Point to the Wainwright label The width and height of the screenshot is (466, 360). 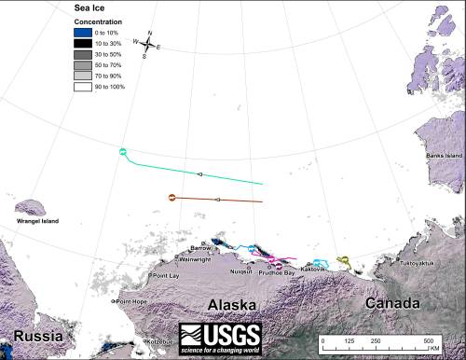pos(195,260)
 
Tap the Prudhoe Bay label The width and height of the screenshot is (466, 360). pos(277,272)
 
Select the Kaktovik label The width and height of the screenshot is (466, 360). pos(325,270)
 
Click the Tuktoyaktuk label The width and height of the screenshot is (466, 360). pos(418,264)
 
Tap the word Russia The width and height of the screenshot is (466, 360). pos(31,336)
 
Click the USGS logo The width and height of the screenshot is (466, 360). pos(220,336)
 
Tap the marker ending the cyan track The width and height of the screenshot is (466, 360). pos(123,151)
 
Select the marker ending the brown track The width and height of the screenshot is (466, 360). pos(171,197)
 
